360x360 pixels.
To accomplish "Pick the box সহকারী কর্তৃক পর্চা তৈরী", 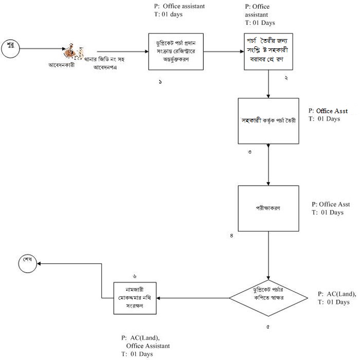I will tap(268, 121).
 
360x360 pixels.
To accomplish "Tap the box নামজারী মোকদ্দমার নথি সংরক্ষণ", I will tap(134, 298).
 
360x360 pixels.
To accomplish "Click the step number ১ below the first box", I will tap(160, 82).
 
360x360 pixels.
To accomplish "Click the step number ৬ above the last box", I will tap(134, 276).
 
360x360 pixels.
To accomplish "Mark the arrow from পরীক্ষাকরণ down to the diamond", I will tap(268, 255).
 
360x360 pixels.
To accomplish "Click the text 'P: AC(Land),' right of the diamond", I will tap(337, 294).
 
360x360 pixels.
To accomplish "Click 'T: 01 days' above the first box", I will tap(168, 14).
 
